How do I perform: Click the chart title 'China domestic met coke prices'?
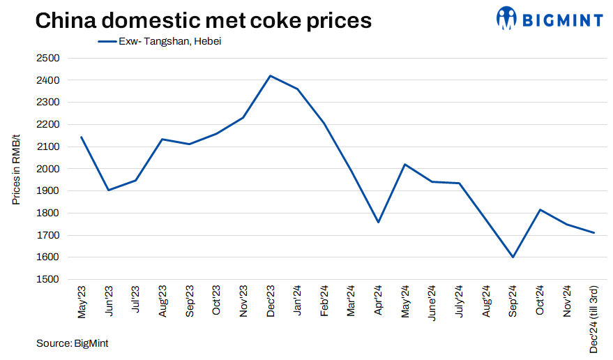203,21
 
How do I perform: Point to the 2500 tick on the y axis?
48,58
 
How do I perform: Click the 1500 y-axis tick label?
48,279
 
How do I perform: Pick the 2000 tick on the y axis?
48,169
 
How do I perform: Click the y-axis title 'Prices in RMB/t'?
16,168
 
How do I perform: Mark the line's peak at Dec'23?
271,75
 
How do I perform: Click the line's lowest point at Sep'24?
513,257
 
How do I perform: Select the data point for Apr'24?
378,223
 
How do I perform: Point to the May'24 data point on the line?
405,164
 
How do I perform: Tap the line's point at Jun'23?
109,190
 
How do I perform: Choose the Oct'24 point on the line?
540,209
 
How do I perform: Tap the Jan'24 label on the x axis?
297,301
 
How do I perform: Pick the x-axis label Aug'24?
486,302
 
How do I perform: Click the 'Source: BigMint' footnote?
73,343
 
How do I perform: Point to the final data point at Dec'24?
593,232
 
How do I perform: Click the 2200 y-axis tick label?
48,124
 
